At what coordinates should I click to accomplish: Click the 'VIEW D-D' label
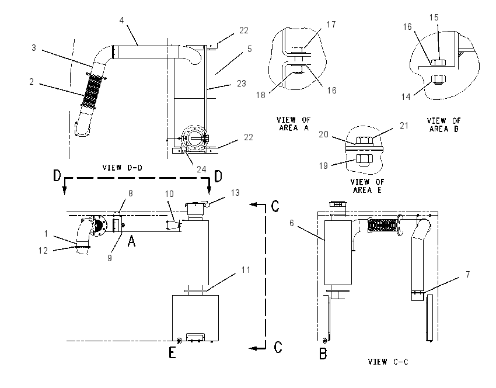pos(122,168)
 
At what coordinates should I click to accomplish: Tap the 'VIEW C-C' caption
pos(388,361)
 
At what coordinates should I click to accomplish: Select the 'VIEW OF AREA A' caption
pos(294,124)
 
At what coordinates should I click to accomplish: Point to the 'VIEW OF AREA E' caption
pos(367,186)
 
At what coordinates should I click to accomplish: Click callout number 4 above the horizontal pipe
pos(122,20)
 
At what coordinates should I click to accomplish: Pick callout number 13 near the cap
pos(235,193)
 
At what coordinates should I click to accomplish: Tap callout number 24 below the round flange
pos(201,169)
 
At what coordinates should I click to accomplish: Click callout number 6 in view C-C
pos(291,223)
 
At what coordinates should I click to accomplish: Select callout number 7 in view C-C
pos(467,274)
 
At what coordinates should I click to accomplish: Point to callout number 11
pos(246,270)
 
